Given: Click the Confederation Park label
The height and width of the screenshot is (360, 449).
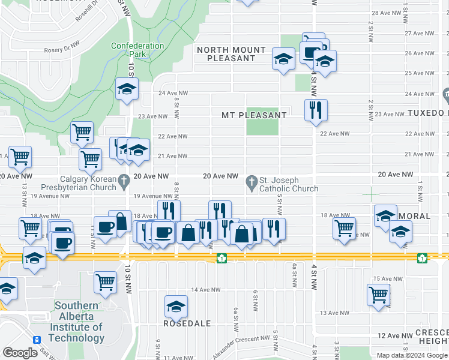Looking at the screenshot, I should (137, 50).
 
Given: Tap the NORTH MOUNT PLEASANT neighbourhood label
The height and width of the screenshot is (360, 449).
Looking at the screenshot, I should (231, 54).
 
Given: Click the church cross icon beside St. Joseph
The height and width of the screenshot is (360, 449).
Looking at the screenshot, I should (252, 180).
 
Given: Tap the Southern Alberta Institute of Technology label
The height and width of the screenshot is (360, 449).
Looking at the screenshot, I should (78, 322).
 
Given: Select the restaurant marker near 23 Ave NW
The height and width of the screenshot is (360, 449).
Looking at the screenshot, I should (315, 110).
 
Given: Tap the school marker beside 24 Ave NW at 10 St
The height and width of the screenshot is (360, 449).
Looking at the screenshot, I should (127, 88).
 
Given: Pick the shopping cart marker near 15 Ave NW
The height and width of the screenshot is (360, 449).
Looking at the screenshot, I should (378, 294).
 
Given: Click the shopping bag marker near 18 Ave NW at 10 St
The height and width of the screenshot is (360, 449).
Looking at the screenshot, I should (120, 220).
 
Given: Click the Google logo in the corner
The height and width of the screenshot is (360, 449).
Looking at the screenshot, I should (20, 353).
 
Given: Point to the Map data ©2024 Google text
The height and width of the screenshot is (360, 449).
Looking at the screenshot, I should (411, 355).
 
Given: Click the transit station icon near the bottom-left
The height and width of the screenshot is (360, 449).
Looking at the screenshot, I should (37, 340).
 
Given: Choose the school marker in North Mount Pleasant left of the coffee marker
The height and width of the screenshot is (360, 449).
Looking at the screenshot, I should (283, 58).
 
